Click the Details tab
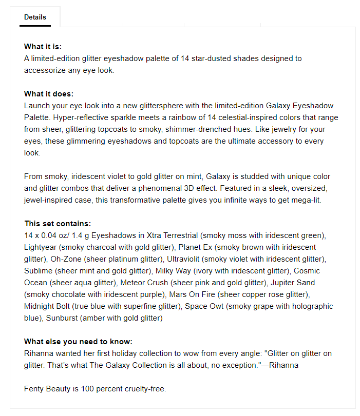click(x=35, y=17)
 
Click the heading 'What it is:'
click(x=43, y=47)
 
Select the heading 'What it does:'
click(x=49, y=94)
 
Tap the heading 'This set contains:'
click(x=58, y=224)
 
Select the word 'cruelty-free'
click(x=144, y=389)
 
